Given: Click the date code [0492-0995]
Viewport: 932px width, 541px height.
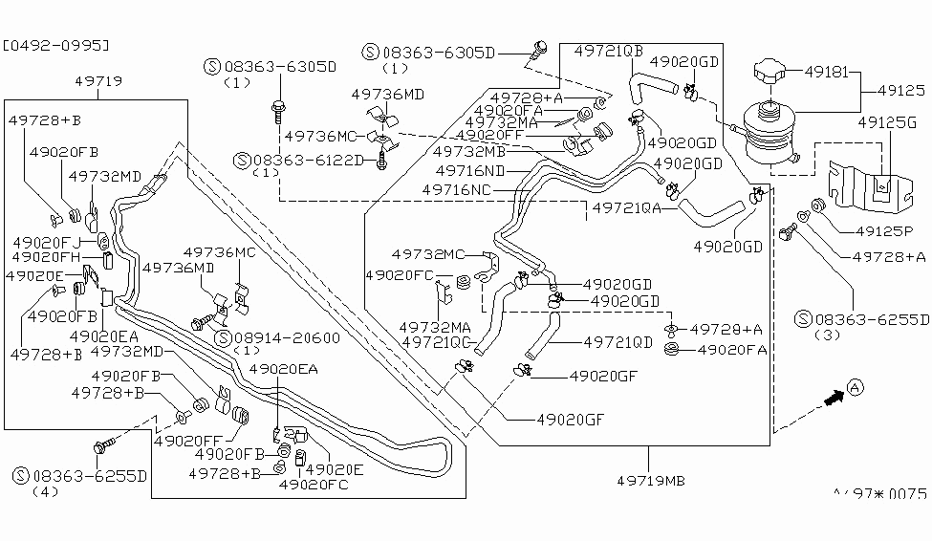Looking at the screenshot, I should (x=55, y=44).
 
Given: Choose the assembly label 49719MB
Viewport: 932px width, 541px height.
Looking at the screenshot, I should (x=650, y=481).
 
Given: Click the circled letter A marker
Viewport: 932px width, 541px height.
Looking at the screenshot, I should (x=856, y=387).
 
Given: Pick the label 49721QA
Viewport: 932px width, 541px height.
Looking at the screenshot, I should (x=627, y=206).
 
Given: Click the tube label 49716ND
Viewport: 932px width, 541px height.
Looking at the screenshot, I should (x=469, y=170).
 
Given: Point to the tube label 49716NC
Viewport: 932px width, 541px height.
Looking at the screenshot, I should (x=457, y=189).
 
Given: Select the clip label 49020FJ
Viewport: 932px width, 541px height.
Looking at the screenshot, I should (x=40, y=242).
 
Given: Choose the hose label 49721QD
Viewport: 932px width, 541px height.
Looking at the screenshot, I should (x=618, y=340).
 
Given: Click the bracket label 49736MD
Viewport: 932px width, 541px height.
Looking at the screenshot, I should (x=387, y=94).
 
